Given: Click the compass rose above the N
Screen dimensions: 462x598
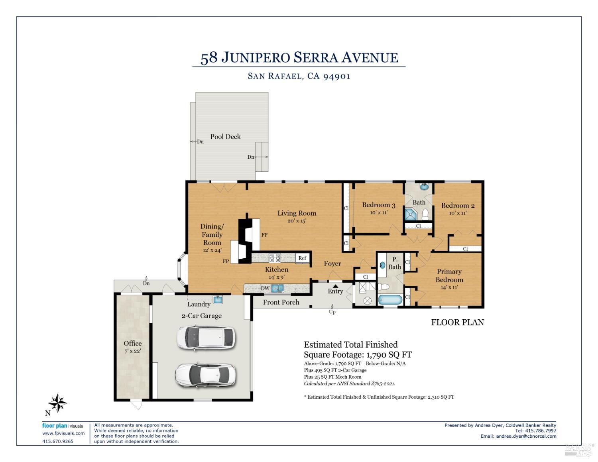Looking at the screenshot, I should tap(58, 403).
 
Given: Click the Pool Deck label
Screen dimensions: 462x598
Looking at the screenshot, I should tap(225, 137).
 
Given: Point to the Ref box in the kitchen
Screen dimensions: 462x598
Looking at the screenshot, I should tap(302, 258).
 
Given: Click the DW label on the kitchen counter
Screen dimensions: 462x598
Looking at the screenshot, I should tap(265, 288).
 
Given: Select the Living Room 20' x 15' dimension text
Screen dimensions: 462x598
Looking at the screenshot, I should tap(297, 221).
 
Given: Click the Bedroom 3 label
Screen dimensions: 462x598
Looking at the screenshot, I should tap(378, 205).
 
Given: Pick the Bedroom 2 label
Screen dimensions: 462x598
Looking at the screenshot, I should tap(458, 206).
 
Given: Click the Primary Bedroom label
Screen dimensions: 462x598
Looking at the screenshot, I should tap(449, 275).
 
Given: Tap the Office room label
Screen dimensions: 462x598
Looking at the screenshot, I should tap(132, 343).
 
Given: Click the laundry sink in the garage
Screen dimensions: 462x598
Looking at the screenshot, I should tap(218, 300).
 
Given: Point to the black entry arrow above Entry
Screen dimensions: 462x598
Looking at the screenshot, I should tap(336, 285).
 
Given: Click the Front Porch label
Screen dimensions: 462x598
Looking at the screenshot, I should tap(281, 302).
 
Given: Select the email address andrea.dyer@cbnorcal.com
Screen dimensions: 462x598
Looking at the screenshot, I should tap(526, 436).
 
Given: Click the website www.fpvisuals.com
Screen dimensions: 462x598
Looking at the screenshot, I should tap(63, 433).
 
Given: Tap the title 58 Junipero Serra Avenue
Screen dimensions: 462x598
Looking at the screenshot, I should tap(299, 58).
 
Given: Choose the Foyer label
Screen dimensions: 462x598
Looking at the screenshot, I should tap(332, 263).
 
